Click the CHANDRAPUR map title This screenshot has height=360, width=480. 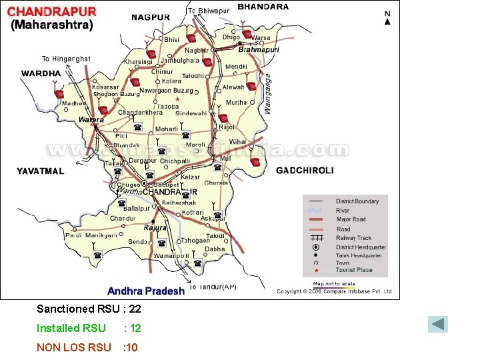(52, 11)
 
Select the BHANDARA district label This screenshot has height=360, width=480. (263, 7)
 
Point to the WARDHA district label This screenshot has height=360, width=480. (41, 73)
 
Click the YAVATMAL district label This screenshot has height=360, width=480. (41, 171)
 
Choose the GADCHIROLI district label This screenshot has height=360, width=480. (305, 171)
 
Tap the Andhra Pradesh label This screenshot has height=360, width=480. (146, 291)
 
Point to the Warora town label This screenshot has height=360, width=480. (91, 120)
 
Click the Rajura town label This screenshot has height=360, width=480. (155, 227)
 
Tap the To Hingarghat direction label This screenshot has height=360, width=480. (66, 59)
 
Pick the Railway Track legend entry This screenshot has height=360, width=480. (353, 238)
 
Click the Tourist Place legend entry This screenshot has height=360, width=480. (354, 270)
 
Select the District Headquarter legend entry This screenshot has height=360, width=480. (360, 247)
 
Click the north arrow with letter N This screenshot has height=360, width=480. (387, 17)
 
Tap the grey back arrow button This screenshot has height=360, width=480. (438, 325)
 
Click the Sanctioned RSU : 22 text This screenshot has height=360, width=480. (89, 309)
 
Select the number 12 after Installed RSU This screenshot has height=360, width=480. (135, 328)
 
